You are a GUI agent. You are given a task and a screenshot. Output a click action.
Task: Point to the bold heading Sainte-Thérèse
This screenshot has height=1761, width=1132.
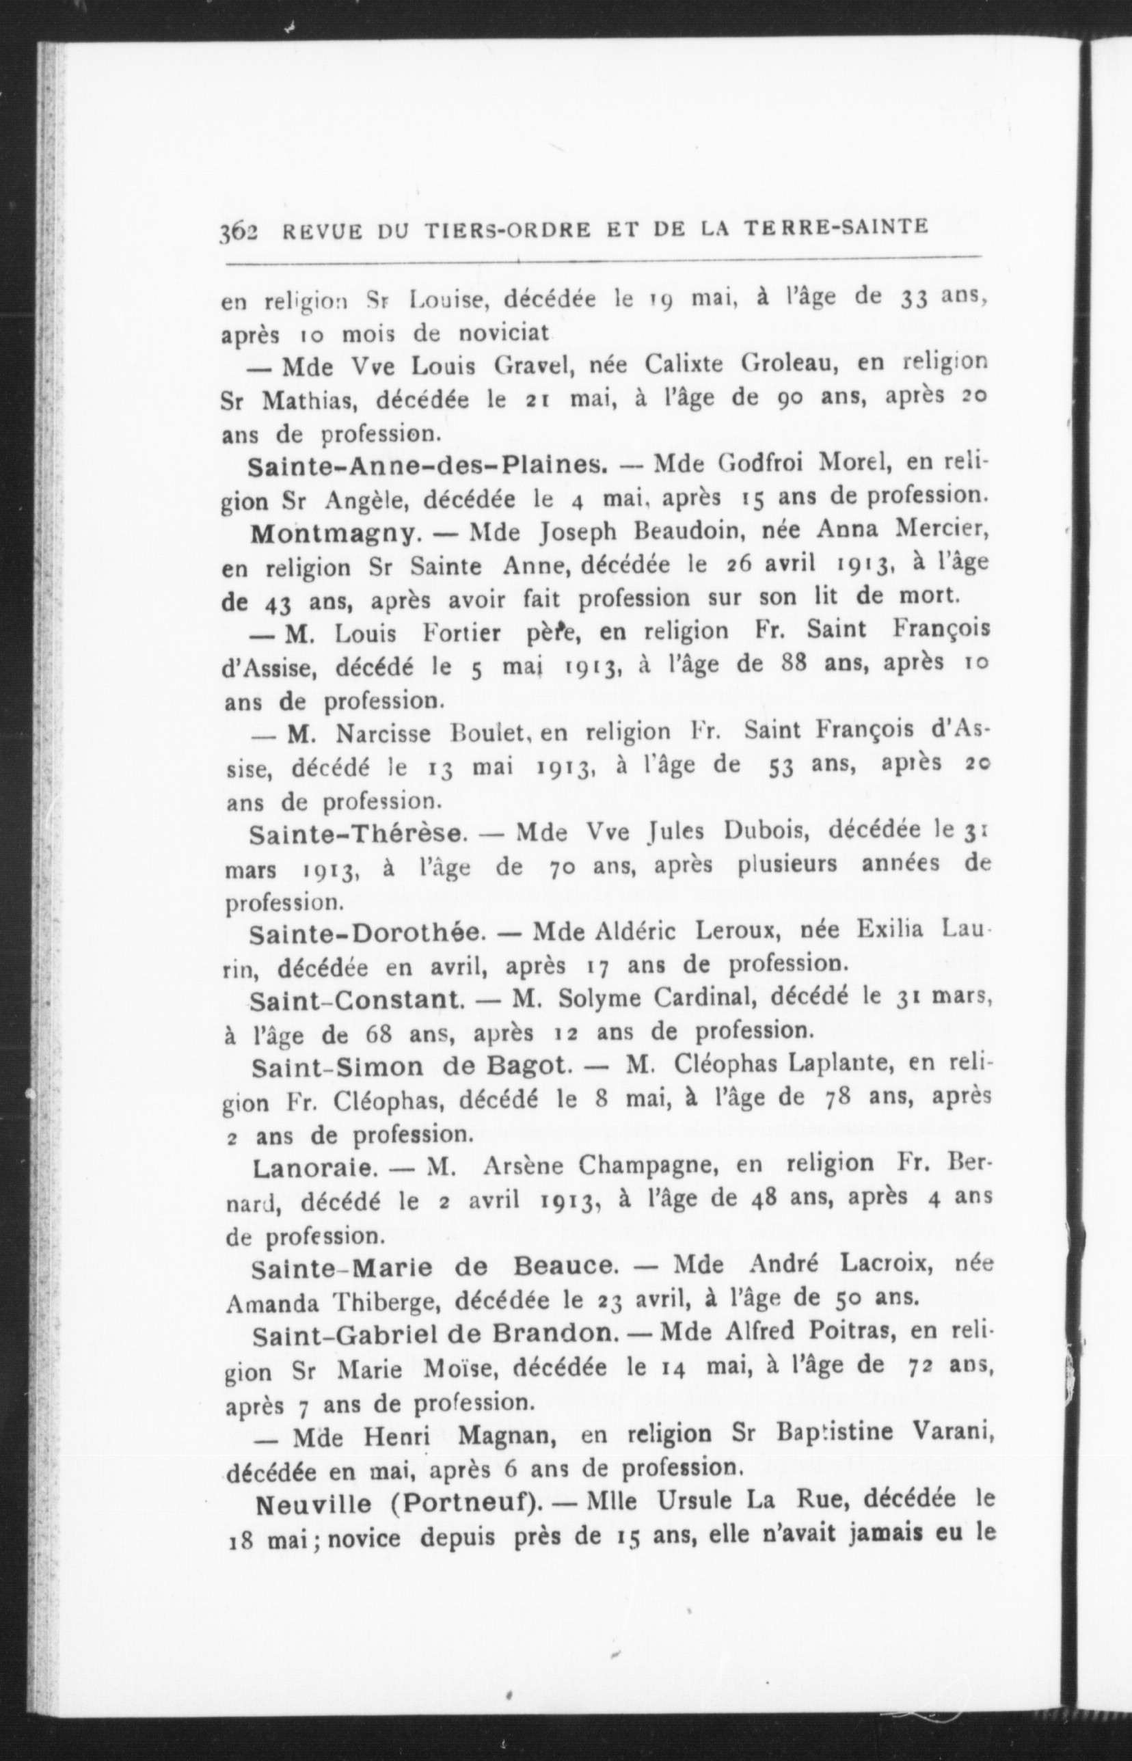click(359, 834)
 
